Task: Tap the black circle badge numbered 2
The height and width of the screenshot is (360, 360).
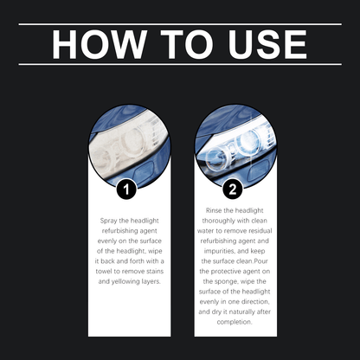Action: tap(233, 187)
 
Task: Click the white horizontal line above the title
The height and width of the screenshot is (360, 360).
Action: tap(180, 24)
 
